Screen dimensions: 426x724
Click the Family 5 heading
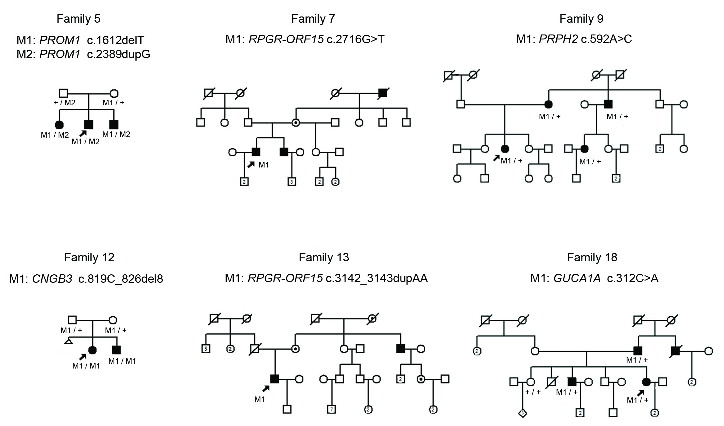coord(79,19)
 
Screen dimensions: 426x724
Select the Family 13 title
coord(324,258)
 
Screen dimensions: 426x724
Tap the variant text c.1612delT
coord(115,40)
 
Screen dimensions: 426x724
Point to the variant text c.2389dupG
coord(119,54)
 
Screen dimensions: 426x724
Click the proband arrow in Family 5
coord(83,133)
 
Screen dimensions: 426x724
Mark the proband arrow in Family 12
coord(83,357)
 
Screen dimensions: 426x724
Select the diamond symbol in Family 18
coord(523,413)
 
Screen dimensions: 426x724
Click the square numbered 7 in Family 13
coord(331,410)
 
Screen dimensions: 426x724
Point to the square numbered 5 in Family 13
coord(206,349)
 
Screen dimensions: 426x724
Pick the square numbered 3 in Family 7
coord(291,181)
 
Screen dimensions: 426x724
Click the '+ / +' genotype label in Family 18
coord(533,392)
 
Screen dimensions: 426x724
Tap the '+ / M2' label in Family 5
coord(65,103)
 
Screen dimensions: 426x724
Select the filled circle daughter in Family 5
coord(59,125)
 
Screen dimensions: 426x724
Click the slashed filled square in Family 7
coord(383,93)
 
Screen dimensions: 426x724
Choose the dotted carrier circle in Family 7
coord(296,122)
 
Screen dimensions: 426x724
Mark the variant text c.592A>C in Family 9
coord(606,39)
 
